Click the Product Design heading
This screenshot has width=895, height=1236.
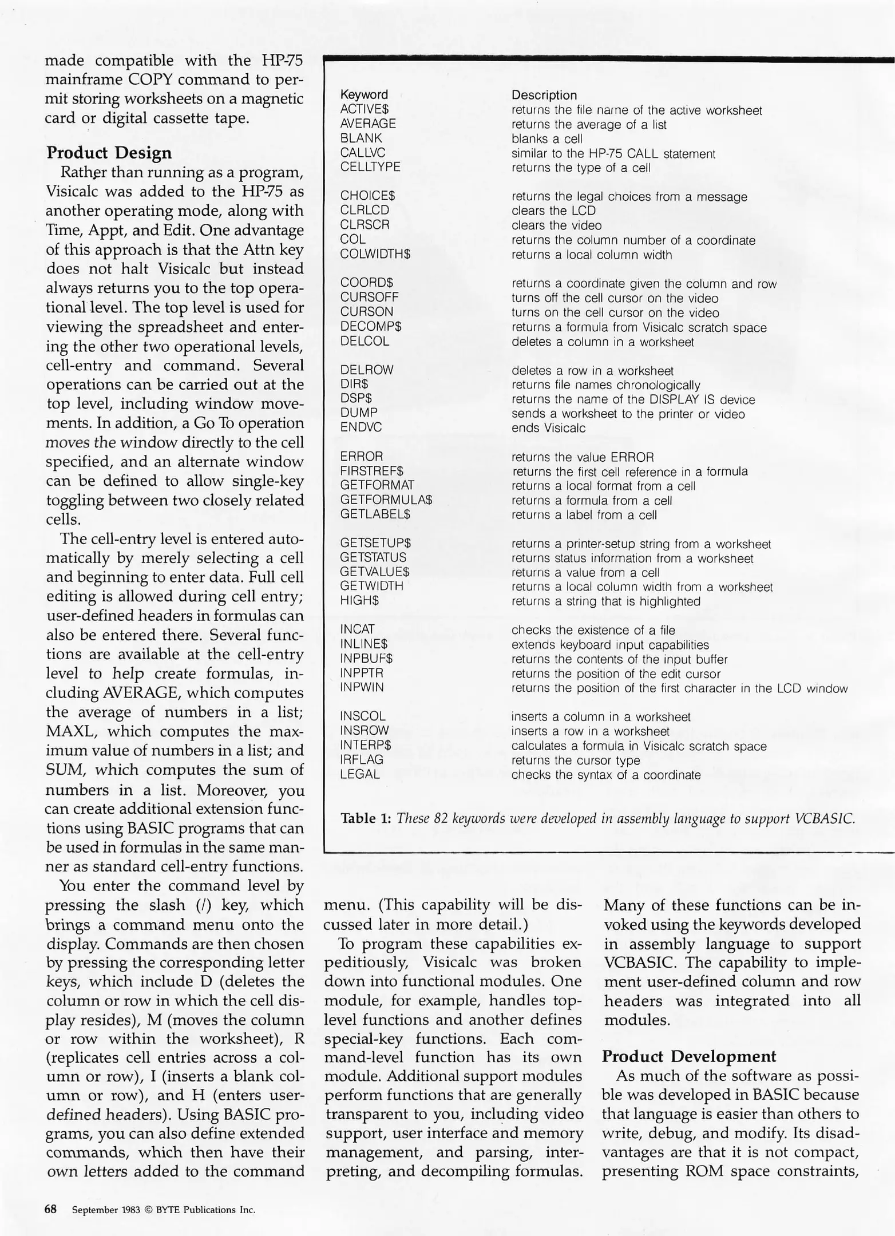pyautogui.click(x=109, y=153)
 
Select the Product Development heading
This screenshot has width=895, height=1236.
pyautogui.click(x=689, y=1056)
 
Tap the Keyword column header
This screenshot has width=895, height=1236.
pyautogui.click(x=364, y=94)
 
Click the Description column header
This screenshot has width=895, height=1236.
pyautogui.click(x=544, y=95)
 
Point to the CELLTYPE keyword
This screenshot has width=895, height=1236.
pyautogui.click(x=370, y=167)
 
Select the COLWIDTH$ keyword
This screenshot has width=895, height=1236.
pyautogui.click(x=375, y=254)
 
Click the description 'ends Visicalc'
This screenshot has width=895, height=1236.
pyautogui.click(x=548, y=428)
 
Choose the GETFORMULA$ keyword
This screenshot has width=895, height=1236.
pyautogui.click(x=386, y=500)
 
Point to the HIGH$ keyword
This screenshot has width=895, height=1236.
pyautogui.click(x=359, y=600)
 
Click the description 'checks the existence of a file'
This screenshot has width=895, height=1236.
pyautogui.click(x=593, y=630)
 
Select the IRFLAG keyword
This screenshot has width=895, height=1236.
pyautogui.click(x=362, y=759)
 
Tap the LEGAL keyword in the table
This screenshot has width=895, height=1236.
pyautogui.click(x=359, y=774)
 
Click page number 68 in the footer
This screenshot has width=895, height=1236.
pyautogui.click(x=51, y=1209)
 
